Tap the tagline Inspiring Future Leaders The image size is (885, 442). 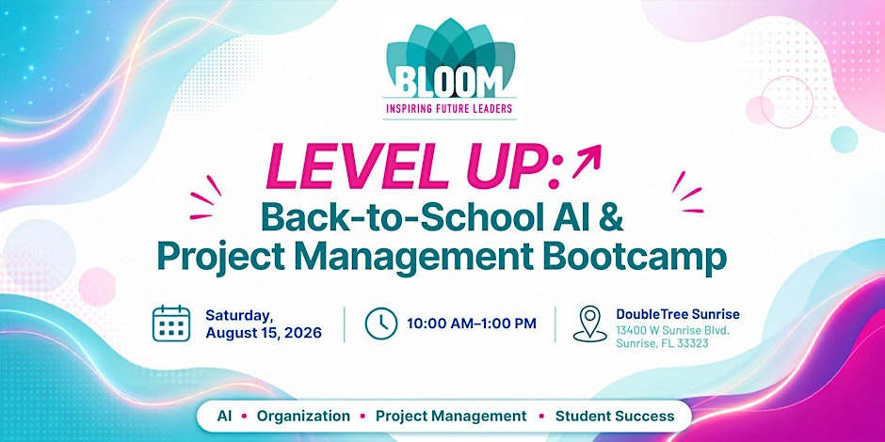coord(449,108)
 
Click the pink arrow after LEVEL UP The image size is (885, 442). coord(586,161)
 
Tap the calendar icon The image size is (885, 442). coord(171,324)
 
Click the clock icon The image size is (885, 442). coord(381,324)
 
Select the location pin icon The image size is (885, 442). coord(589,324)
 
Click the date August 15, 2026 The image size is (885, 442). coord(264,333)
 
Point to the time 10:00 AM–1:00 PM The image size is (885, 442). coord(472,324)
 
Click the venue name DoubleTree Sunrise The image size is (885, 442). coord(678,314)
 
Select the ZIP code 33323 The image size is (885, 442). coord(692,343)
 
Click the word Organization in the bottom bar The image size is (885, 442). coord(303,417)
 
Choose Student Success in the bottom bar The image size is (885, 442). coord(615,417)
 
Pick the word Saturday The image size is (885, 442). coord(232,315)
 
